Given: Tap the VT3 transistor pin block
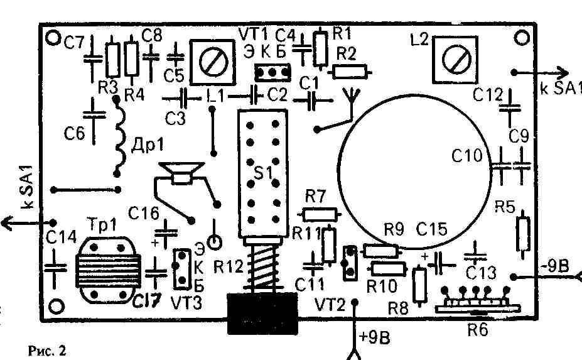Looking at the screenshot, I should pos(181,266).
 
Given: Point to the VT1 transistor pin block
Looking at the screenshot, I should pos(271,73).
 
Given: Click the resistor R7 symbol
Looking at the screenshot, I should pos(318,214).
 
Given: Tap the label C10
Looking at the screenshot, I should pos(468,155).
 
